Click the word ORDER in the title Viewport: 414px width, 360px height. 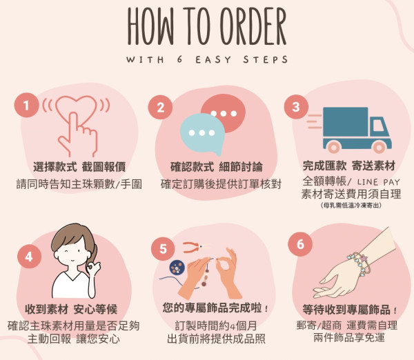pos(253,26)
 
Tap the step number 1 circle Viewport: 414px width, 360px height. pos(26,105)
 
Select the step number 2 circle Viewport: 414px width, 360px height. pos(160,108)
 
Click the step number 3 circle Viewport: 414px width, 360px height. pos(296,107)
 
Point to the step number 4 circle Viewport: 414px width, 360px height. pos(29,257)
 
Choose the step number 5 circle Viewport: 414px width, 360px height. pos(163,249)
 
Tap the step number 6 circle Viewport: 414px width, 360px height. pos(300,244)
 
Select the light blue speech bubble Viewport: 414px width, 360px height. pos(202,133)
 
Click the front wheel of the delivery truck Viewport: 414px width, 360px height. pos(379,148)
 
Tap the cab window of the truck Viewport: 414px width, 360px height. pos(379,126)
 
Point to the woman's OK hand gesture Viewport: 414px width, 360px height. pos(93,268)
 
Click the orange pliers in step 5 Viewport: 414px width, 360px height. pos(193,248)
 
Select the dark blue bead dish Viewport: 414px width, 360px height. pos(177,267)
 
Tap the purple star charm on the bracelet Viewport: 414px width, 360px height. pos(364,258)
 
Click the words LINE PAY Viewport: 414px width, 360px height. pos(378,182)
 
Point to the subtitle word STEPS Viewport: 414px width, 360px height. pos(266,59)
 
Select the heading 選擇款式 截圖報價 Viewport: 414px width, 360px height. pos(79,167)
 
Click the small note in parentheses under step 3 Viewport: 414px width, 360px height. pos(351,206)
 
